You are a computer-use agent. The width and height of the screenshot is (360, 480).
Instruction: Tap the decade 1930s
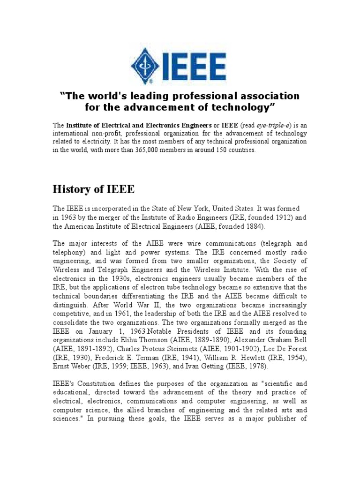tap(122, 278)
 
